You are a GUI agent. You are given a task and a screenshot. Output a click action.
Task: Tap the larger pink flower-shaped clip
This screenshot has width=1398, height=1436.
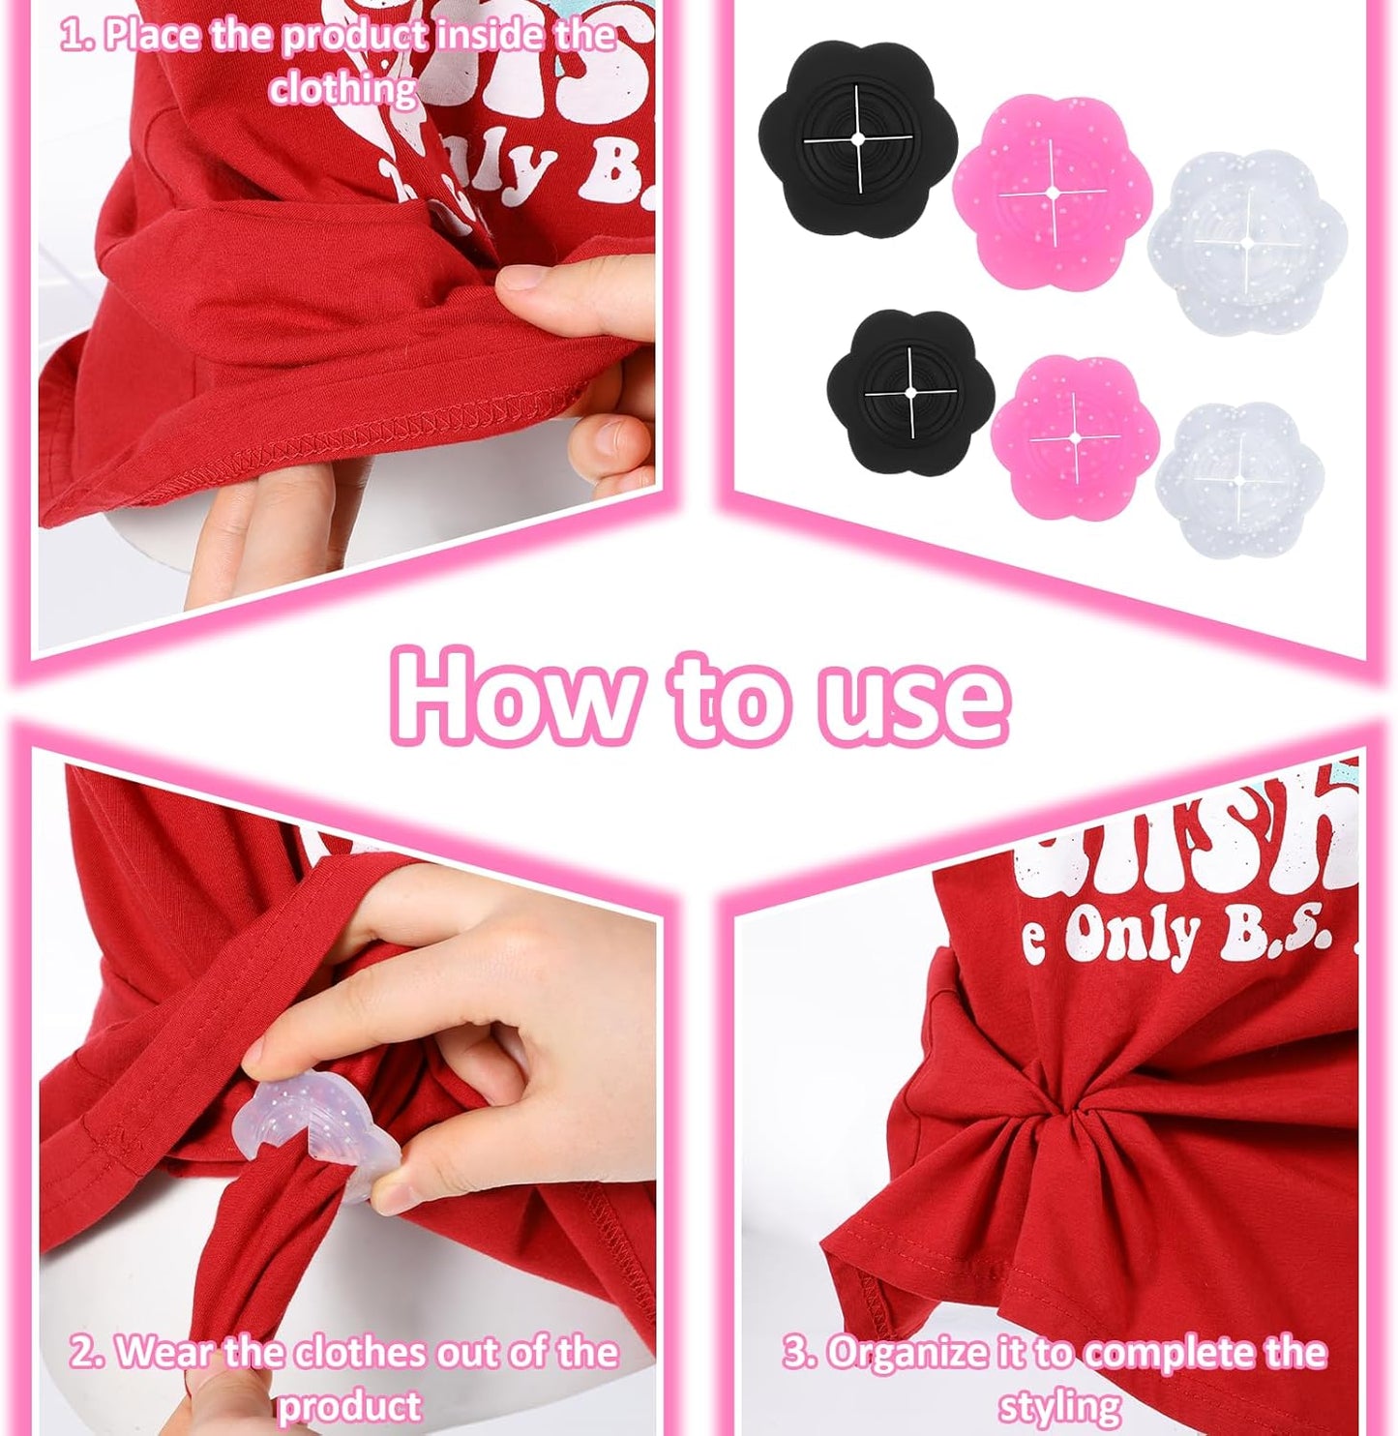click(x=1052, y=194)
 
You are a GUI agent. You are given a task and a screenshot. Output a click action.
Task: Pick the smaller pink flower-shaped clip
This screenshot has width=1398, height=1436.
click(x=1075, y=437)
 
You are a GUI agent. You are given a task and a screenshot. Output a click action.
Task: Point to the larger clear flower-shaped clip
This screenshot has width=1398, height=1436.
click(x=1239, y=242)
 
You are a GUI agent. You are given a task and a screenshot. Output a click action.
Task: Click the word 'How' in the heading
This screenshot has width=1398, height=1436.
click(x=514, y=696)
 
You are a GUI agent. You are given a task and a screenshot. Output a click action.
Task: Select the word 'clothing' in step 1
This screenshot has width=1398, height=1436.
click(x=342, y=89)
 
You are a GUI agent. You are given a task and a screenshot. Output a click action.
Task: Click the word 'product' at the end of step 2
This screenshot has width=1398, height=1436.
click(x=349, y=1405)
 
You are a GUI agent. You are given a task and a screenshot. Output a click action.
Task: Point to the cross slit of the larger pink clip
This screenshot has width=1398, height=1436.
click(x=1052, y=194)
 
